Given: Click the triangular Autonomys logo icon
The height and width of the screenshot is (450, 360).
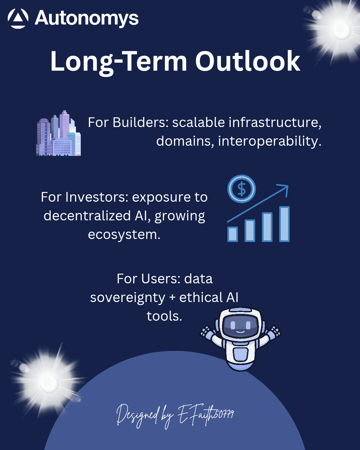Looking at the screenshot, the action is tap(18, 18).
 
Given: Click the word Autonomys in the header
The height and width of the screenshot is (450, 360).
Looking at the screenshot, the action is tap(86, 19).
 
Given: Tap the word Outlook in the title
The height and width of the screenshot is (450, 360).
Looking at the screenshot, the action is tap(248, 61).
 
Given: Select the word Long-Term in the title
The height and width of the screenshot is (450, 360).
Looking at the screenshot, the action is tap(119, 63).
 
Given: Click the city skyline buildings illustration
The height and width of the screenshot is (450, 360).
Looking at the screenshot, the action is tap(58, 133).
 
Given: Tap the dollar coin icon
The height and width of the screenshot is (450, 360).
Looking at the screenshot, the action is tap(242, 189).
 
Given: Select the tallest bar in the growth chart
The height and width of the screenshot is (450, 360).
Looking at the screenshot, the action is tap(284, 224).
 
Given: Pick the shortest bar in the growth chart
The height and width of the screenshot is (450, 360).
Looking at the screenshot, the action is tap(233, 234).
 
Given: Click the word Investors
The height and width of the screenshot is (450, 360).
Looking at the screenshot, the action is tap(97, 197).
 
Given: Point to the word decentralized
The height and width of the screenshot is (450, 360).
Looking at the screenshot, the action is tap(87, 216).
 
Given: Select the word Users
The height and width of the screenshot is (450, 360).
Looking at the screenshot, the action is tap(161, 279).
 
